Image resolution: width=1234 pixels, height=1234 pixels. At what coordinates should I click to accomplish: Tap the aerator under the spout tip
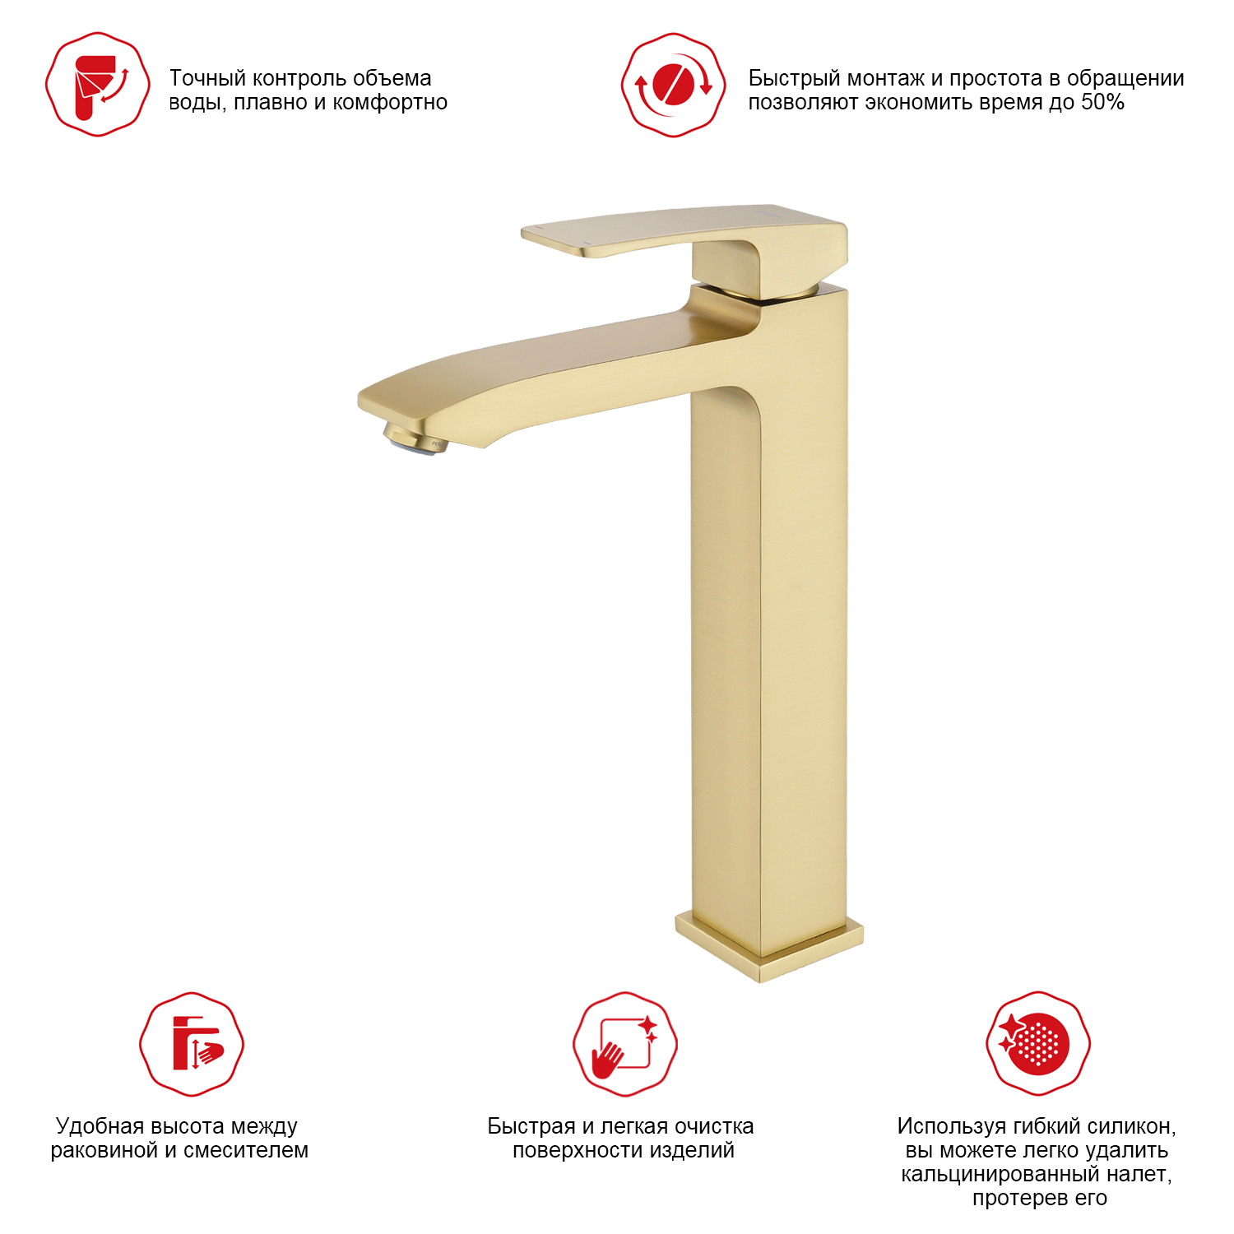(x=413, y=439)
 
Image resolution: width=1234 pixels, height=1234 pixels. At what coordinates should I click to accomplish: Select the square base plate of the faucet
(x=769, y=946)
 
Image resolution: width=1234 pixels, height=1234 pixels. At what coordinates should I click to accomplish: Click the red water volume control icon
(x=98, y=85)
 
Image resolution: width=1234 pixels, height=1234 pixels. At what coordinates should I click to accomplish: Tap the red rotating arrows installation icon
(x=673, y=85)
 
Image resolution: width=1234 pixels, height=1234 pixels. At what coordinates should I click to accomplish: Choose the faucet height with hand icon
(x=192, y=1044)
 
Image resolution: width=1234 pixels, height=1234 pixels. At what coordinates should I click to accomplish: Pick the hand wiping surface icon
(x=625, y=1044)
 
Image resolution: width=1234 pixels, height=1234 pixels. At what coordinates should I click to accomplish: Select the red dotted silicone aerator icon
(x=1038, y=1043)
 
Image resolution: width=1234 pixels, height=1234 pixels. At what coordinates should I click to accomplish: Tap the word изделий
(x=694, y=1150)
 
